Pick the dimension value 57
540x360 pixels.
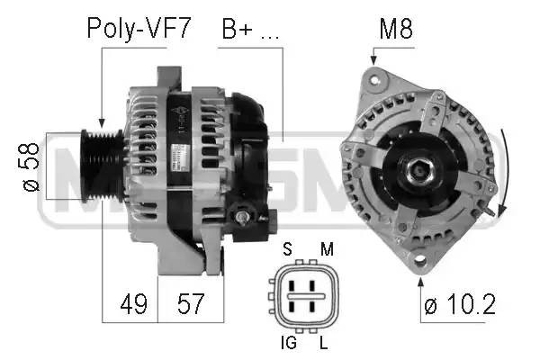click(189, 304)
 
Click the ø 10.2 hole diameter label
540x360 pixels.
click(459, 305)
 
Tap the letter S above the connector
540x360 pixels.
click(286, 247)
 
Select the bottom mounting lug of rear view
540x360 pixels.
click(420, 262)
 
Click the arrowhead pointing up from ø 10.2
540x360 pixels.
click(420, 281)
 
